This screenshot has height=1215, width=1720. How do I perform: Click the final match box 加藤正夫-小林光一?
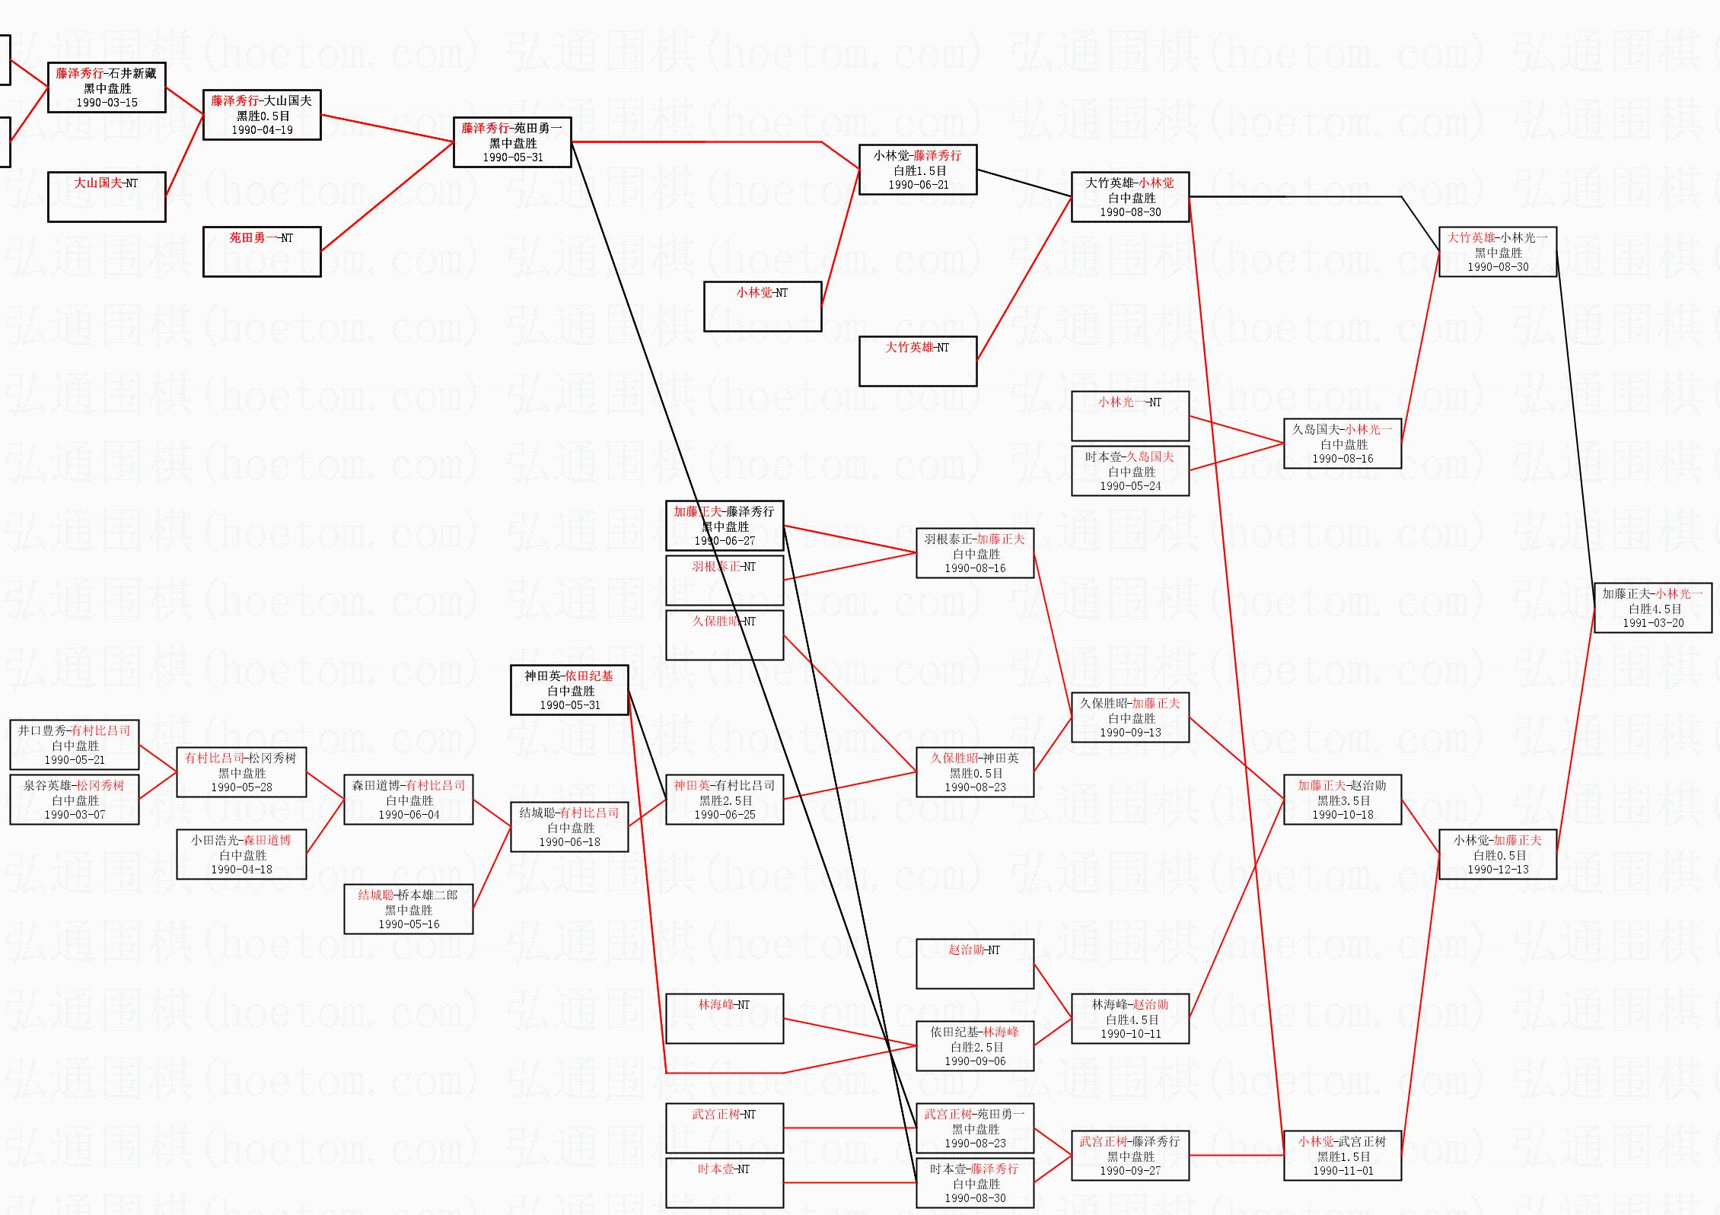(x=1652, y=607)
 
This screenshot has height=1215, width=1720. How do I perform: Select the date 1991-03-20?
(x=1653, y=623)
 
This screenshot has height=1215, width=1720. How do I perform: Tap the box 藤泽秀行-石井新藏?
(x=107, y=87)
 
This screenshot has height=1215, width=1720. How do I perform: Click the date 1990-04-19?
(x=262, y=130)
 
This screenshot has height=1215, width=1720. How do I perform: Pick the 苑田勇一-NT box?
(x=262, y=252)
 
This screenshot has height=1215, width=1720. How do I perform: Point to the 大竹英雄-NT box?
(x=918, y=361)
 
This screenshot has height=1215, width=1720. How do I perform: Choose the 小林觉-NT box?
(x=763, y=307)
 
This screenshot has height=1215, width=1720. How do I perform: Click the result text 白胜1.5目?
(x=919, y=171)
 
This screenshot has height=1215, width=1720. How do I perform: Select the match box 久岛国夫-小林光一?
(x=1343, y=444)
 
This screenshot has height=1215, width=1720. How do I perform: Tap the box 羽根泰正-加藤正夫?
(x=975, y=553)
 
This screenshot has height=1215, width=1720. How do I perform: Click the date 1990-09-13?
(x=1130, y=733)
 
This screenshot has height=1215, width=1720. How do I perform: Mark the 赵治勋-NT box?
(x=975, y=964)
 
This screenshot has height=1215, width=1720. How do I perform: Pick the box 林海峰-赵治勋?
(x=1130, y=1019)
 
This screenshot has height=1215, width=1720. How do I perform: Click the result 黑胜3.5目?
(x=1343, y=800)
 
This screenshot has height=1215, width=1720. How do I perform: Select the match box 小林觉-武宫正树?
(x=1343, y=1156)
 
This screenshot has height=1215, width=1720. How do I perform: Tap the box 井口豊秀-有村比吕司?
(x=75, y=745)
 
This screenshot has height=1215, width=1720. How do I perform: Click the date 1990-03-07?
(x=75, y=815)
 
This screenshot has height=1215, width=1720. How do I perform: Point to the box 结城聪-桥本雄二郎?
(x=409, y=909)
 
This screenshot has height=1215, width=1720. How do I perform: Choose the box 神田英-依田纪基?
(x=569, y=690)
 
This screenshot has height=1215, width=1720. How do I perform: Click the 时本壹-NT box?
(x=725, y=1183)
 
